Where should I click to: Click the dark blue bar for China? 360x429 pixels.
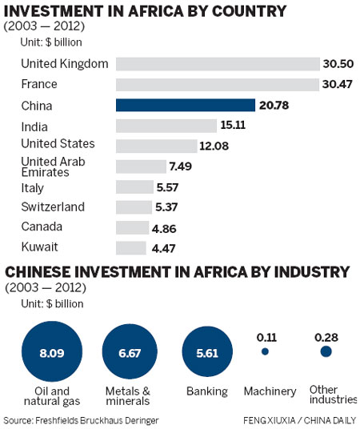click(185, 105)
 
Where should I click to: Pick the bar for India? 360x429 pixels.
click(166, 126)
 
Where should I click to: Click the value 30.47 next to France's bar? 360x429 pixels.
click(338, 84)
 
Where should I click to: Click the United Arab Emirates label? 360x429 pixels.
click(51, 166)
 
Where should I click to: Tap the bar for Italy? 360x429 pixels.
click(134, 187)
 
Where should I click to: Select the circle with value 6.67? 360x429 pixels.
click(132, 351)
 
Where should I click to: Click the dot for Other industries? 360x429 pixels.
click(325, 351)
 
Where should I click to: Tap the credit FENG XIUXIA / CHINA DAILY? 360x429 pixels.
click(299, 419)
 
